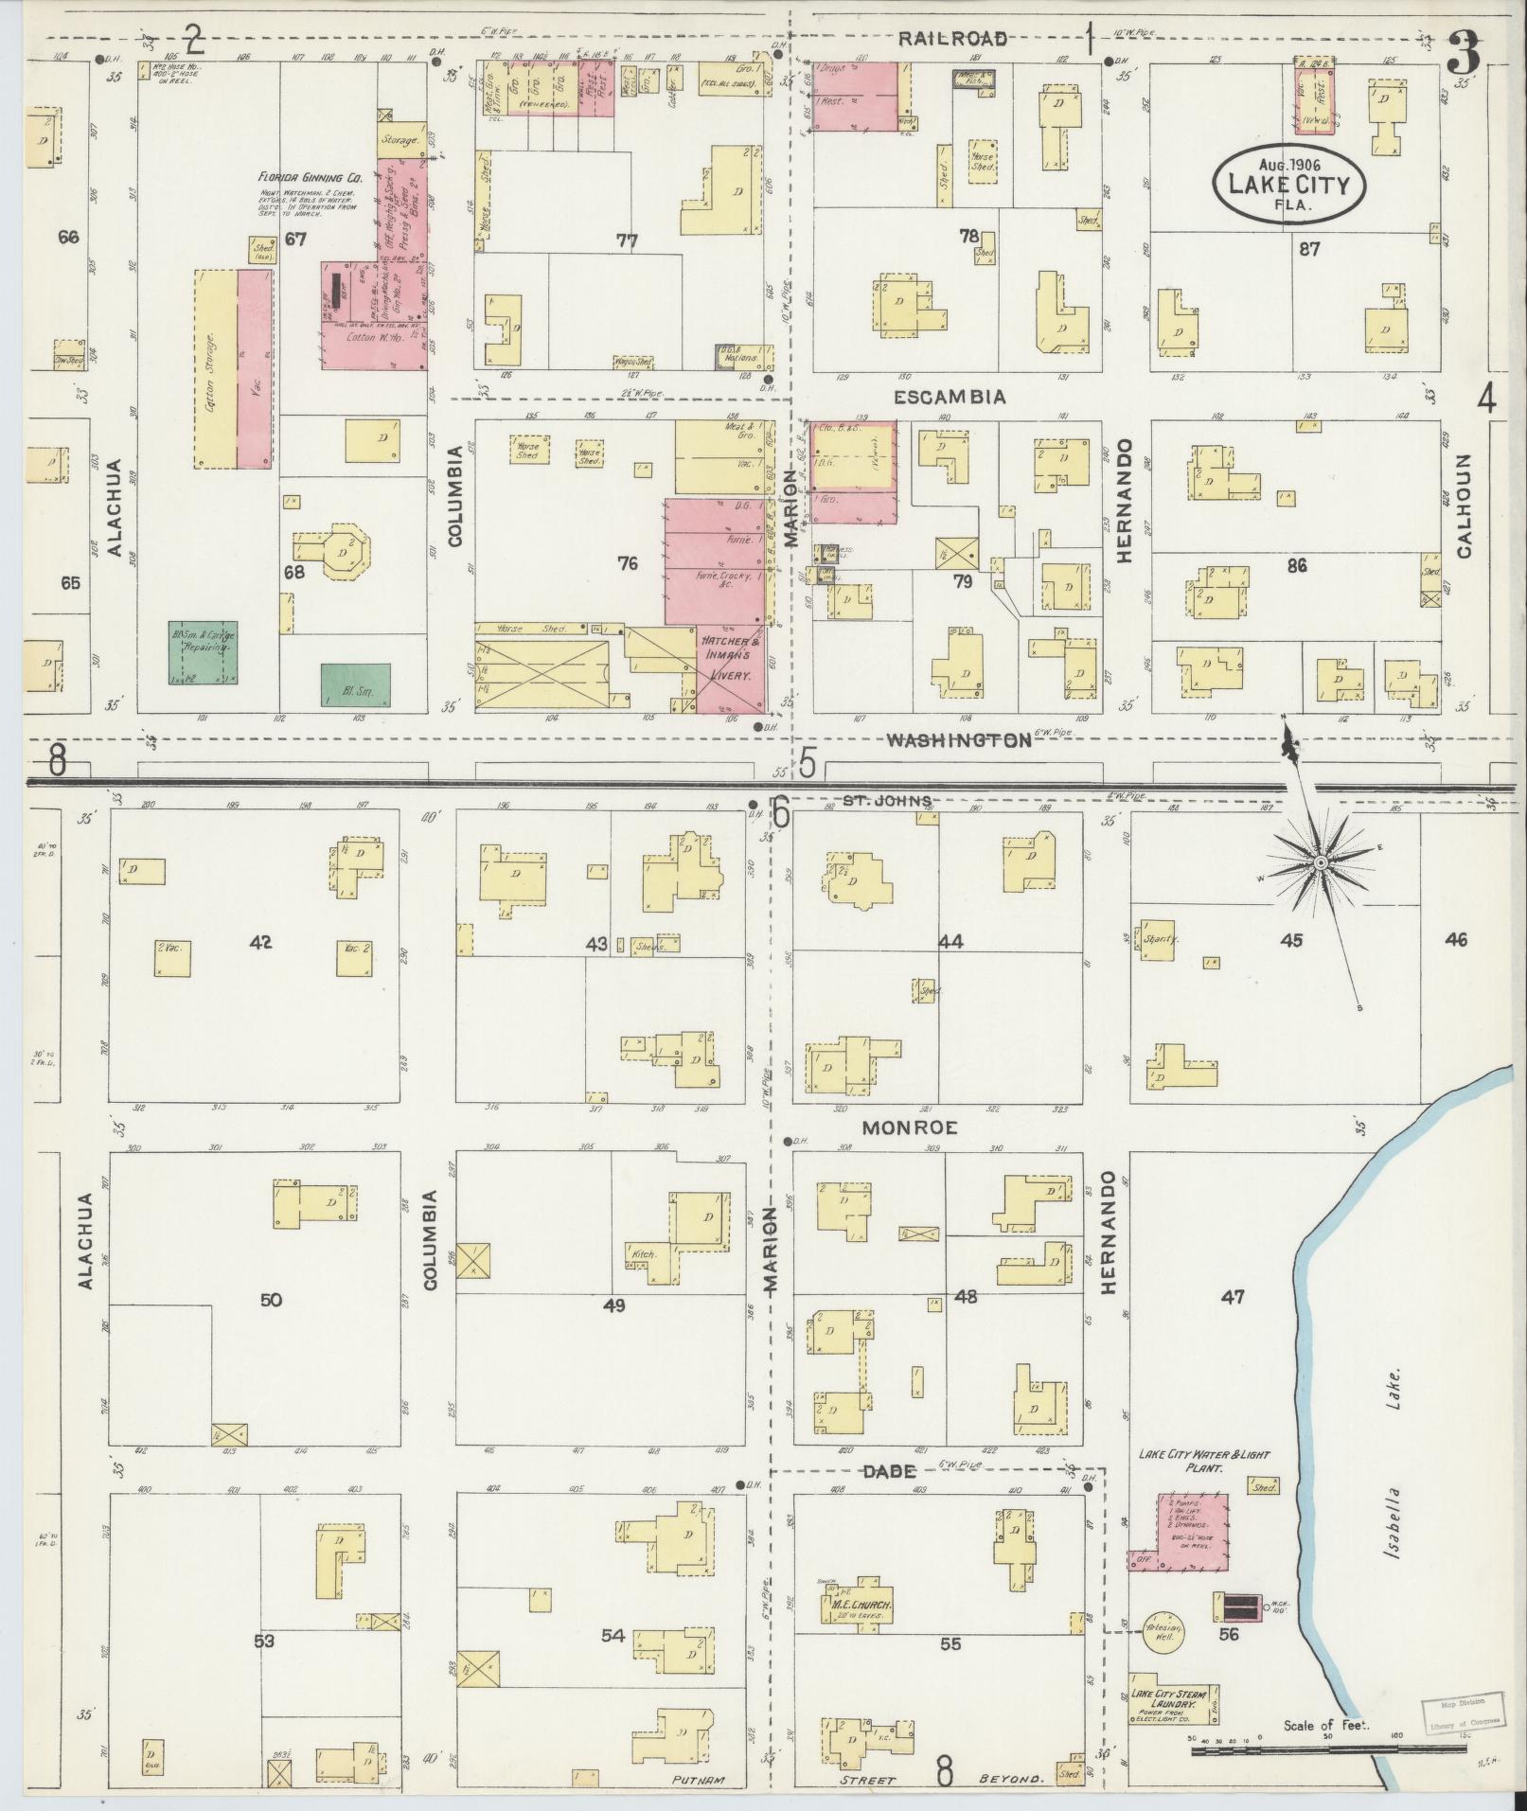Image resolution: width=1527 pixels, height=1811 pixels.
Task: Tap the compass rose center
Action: pos(1319,862)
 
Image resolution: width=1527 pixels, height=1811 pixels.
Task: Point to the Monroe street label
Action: pos(909,1127)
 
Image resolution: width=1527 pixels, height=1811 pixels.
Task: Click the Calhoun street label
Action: pos(1464,506)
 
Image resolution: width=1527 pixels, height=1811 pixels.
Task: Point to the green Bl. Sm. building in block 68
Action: pos(355,687)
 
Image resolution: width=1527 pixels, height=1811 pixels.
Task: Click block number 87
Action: pos(1310,250)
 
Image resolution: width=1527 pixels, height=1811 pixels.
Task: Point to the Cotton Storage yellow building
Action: pos(215,369)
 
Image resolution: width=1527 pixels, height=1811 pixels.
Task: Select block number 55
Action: pos(950,1644)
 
